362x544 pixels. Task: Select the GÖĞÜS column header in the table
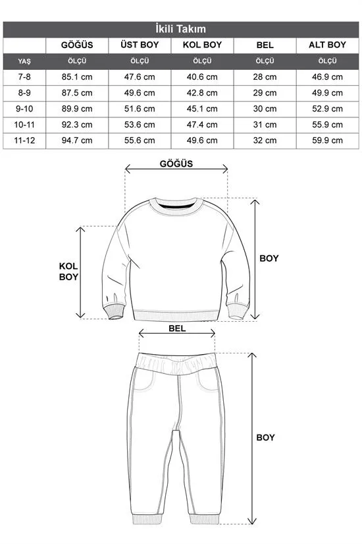click(x=76, y=45)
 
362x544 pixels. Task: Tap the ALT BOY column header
click(x=327, y=45)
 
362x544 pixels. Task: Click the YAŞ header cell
click(x=24, y=61)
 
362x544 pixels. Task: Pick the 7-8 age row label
click(x=24, y=76)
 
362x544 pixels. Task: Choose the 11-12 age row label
click(x=24, y=140)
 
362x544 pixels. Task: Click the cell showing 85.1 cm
click(x=76, y=76)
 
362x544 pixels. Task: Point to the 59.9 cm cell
click(x=327, y=140)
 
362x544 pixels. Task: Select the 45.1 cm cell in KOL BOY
click(x=202, y=109)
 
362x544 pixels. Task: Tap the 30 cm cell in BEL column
click(x=265, y=109)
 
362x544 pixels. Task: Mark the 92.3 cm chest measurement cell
click(x=76, y=125)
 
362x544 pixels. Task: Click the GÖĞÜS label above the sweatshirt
click(x=176, y=164)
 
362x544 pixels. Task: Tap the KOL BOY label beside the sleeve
click(x=68, y=271)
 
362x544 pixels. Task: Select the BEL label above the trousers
click(x=177, y=327)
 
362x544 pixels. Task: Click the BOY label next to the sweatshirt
click(x=268, y=258)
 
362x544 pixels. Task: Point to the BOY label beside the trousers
click(x=265, y=437)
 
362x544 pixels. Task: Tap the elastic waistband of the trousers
click(x=177, y=362)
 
